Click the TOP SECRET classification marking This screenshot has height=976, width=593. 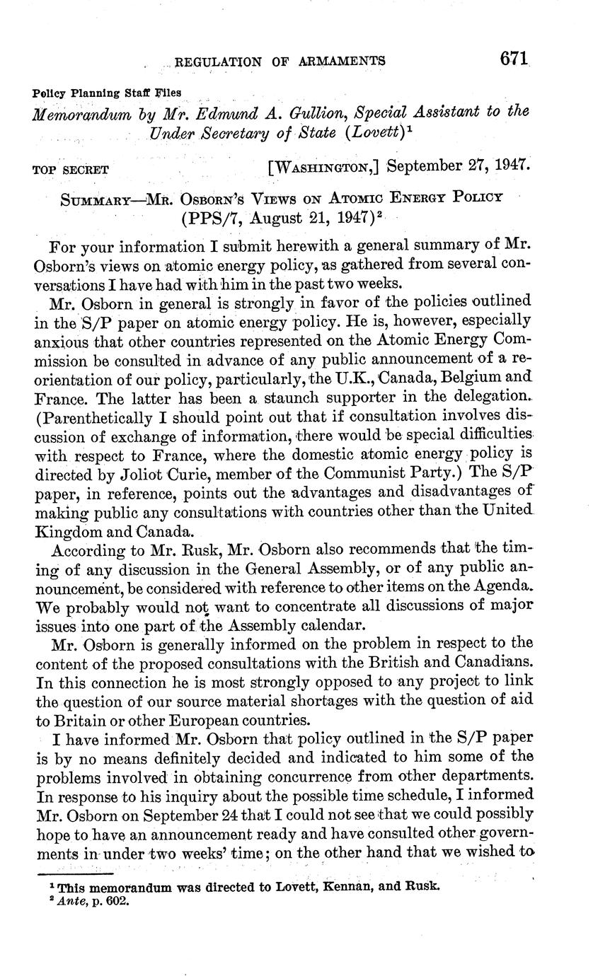(71, 170)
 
